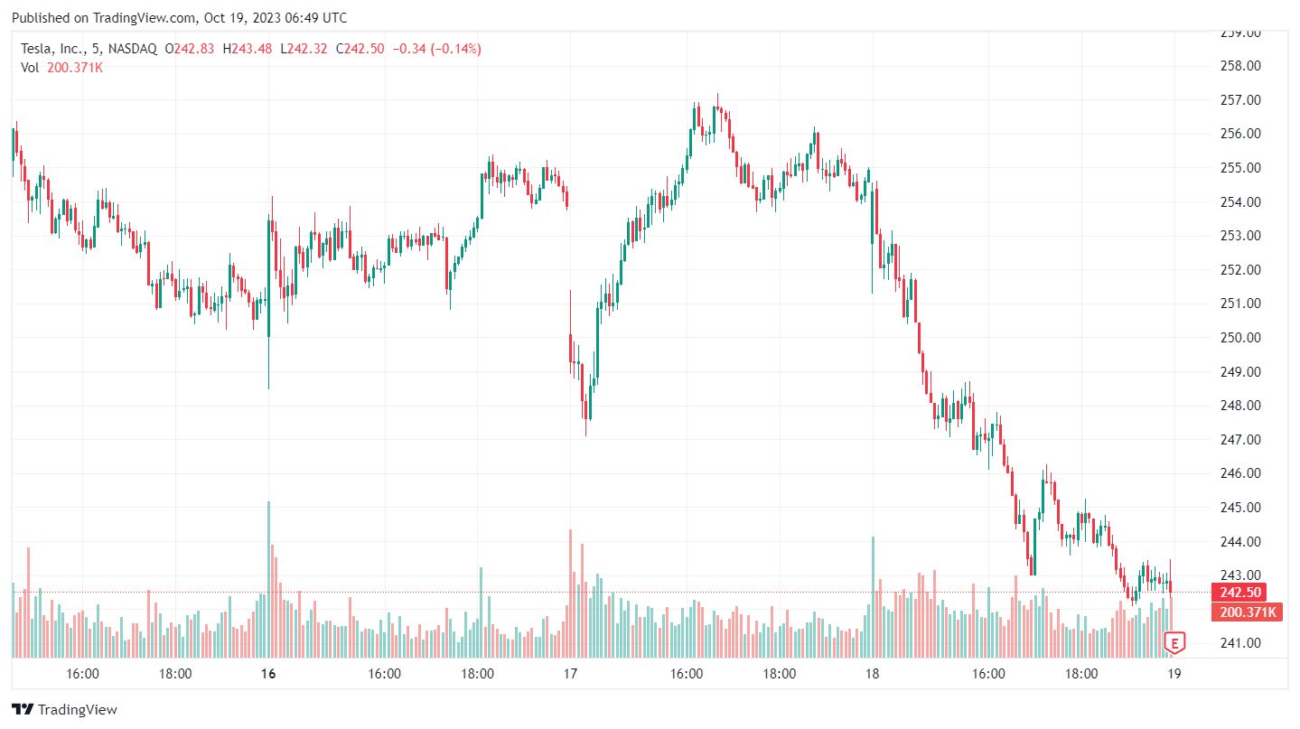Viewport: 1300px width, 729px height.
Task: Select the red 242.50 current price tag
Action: (1239, 593)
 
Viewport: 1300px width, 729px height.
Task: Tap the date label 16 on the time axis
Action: (267, 674)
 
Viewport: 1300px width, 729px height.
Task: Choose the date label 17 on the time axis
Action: (570, 674)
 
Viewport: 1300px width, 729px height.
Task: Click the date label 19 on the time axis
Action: (1174, 674)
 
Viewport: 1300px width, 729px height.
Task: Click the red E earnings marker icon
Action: (1174, 643)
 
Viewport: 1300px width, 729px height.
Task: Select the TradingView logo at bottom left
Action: (64, 710)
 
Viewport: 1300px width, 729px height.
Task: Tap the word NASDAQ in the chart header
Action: (133, 49)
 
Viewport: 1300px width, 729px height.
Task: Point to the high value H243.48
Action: (247, 49)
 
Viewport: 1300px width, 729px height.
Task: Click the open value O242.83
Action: (188, 49)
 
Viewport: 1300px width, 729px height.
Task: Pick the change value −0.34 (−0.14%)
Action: (434, 49)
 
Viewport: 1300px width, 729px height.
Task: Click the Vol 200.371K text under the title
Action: (62, 68)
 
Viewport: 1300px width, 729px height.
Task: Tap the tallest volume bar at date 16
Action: (268, 578)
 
